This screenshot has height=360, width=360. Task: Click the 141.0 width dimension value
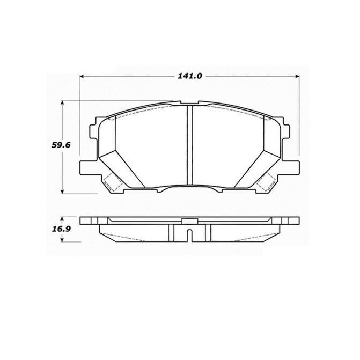[x=189, y=76]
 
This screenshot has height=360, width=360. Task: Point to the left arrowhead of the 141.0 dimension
[x=82, y=76]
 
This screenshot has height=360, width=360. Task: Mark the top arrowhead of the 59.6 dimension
[x=64, y=102]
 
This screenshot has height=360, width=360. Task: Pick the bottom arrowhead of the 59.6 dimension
[x=64, y=192]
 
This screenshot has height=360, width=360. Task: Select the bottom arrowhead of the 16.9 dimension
[x=64, y=239]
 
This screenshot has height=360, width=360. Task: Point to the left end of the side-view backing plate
[x=82, y=221]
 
